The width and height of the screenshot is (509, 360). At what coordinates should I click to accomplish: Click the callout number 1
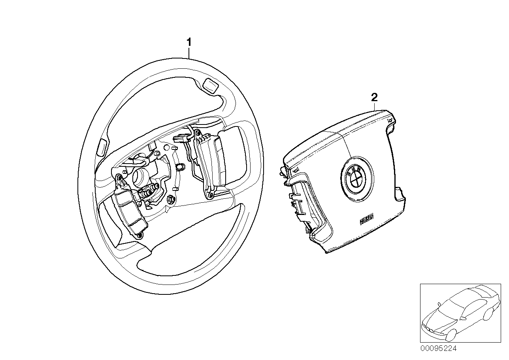pos(189,42)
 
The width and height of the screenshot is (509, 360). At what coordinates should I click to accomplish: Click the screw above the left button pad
pos(119,179)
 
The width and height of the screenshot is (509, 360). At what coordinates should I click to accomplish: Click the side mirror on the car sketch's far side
pos(439,304)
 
